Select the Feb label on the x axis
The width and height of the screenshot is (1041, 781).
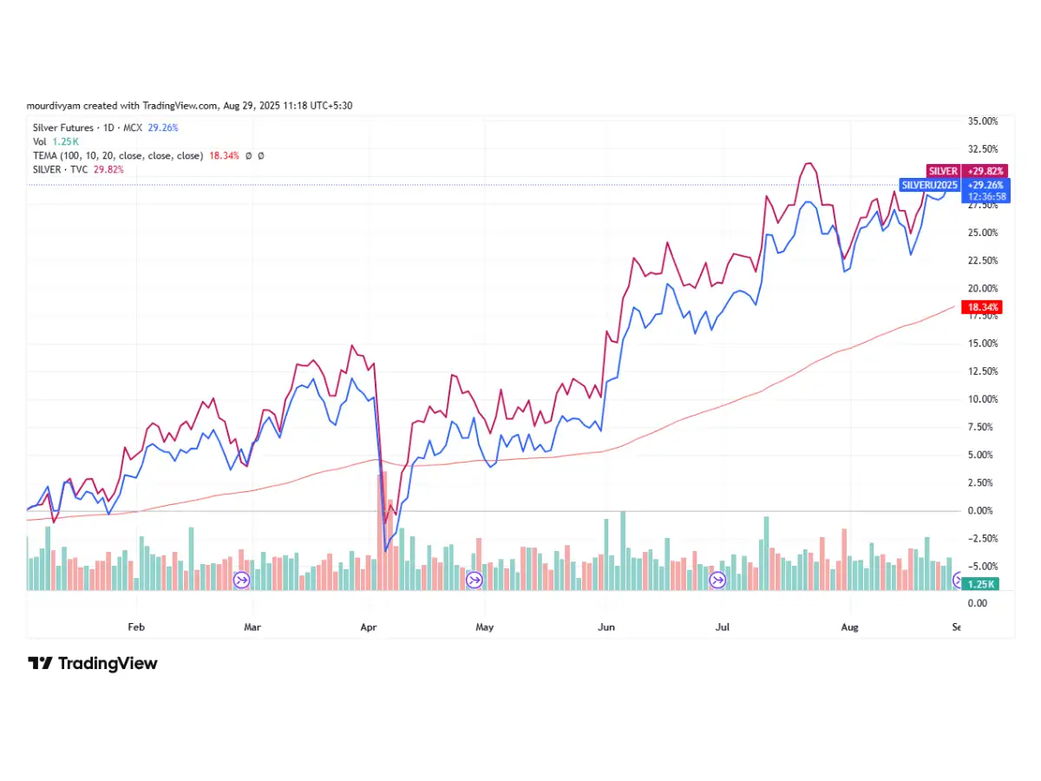[x=134, y=627]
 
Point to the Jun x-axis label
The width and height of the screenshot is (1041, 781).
[x=606, y=627]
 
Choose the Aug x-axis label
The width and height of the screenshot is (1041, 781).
[x=849, y=627]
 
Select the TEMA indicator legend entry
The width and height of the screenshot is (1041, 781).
[x=117, y=155]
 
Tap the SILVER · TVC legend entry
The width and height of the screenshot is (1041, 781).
[x=78, y=169]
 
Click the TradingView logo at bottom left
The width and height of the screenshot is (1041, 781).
[x=93, y=664]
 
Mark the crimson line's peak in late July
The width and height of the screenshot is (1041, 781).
[x=809, y=163]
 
